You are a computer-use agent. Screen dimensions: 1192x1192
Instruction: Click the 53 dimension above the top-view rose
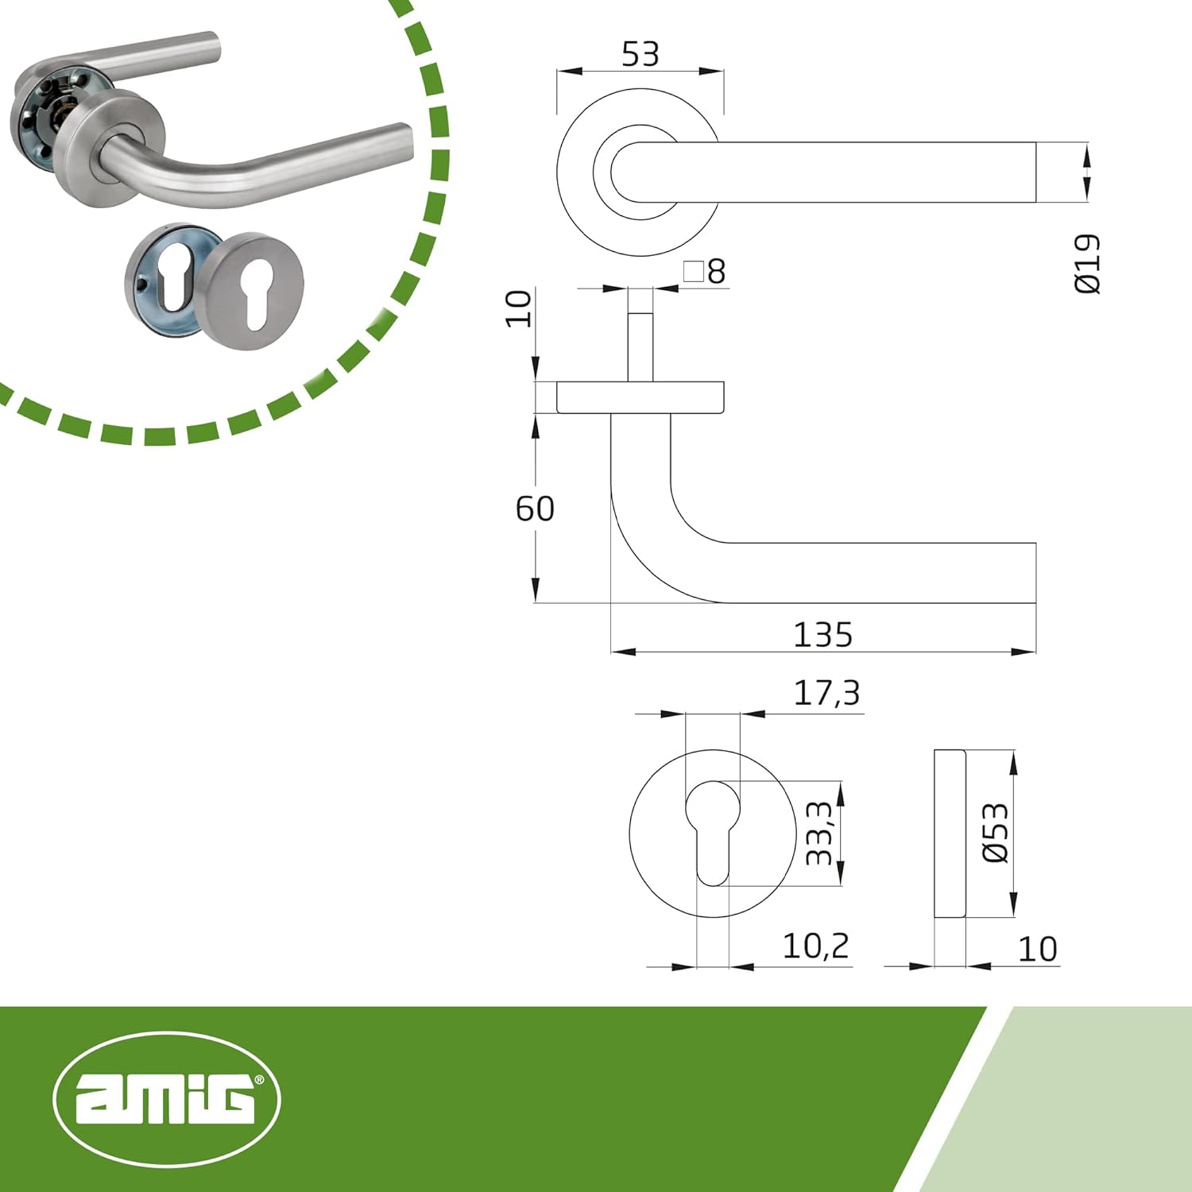pyautogui.click(x=640, y=54)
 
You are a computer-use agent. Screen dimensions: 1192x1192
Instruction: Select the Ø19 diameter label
pyautogui.click(x=1088, y=264)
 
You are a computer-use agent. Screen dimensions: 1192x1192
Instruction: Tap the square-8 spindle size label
pyautogui.click(x=705, y=272)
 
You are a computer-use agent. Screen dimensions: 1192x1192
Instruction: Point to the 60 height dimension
pyautogui.click(x=535, y=509)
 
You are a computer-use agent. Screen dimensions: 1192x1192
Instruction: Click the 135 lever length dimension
pyautogui.click(x=823, y=634)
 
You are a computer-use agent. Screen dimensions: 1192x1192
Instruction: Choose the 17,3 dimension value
pyautogui.click(x=826, y=693)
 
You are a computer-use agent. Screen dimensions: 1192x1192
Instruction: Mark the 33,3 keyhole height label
pyautogui.click(x=819, y=833)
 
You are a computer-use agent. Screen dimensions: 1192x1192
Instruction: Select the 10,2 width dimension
pyautogui.click(x=815, y=946)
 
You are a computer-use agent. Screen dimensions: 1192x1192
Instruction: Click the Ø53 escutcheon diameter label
pyautogui.click(x=996, y=833)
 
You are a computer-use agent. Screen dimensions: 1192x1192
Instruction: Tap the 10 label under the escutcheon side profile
pyautogui.click(x=1038, y=949)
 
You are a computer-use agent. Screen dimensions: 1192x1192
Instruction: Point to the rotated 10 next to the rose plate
pyautogui.click(x=519, y=308)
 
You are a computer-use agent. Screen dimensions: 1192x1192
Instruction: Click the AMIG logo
pyautogui.click(x=167, y=1099)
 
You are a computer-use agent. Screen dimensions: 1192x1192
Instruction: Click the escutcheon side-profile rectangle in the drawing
pyautogui.click(x=950, y=833)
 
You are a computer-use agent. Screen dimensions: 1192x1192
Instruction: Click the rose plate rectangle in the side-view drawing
pyautogui.click(x=641, y=397)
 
